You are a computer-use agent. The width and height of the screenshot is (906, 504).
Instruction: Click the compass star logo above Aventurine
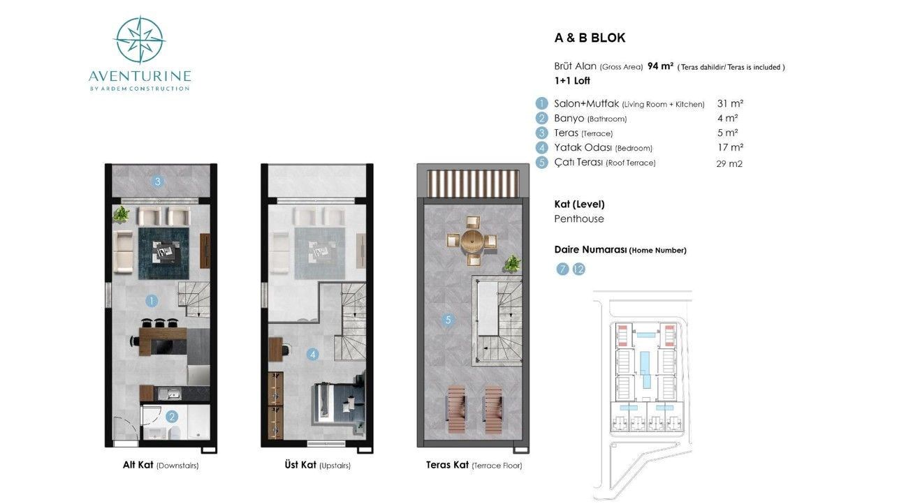[x=140, y=40]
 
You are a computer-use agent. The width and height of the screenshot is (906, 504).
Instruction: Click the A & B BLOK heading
[x=590, y=38]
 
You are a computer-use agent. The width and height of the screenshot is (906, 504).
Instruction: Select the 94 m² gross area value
[x=660, y=66]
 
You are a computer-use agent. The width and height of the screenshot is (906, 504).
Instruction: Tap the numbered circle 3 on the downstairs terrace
[x=158, y=181]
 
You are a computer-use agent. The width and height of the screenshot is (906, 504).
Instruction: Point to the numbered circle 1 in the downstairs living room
[x=152, y=301]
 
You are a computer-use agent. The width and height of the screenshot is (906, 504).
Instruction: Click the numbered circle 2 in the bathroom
[x=172, y=417]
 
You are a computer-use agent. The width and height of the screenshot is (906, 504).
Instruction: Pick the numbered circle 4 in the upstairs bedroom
[x=313, y=355]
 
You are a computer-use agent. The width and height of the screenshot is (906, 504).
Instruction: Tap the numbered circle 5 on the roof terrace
[x=448, y=320]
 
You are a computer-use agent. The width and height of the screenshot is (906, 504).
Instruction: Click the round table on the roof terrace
[x=472, y=241]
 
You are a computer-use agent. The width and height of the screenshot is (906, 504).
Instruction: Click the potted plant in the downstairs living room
[x=121, y=214]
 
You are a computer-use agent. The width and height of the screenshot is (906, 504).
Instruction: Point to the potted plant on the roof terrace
[x=512, y=264]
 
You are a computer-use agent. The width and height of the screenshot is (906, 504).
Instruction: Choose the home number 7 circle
[x=562, y=269]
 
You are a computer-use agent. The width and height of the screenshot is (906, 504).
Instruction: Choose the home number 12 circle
[x=579, y=269]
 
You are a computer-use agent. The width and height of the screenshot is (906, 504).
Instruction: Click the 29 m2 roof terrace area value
[x=729, y=163]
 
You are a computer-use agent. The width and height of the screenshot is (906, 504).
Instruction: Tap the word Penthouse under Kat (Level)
[x=579, y=218]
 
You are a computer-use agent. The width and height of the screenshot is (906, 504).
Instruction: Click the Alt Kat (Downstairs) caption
[x=161, y=465]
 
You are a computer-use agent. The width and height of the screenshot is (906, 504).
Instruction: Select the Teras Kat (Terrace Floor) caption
[x=474, y=465]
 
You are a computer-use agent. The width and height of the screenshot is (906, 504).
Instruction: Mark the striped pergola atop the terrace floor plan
[x=473, y=183]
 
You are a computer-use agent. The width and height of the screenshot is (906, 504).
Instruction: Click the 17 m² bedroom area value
[x=731, y=147]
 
